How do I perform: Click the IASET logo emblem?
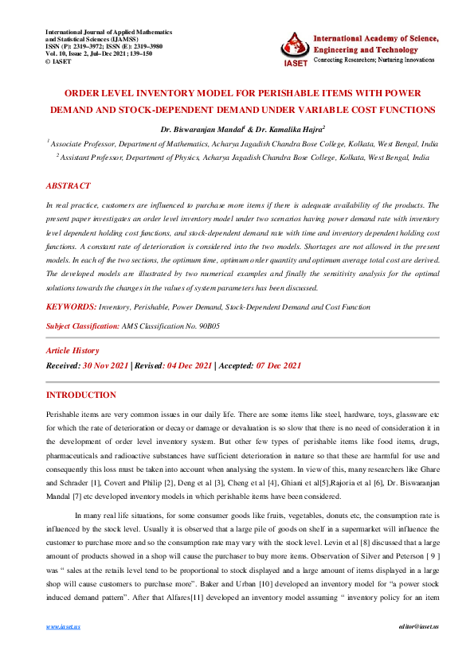point(295,49)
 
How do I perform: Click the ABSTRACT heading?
point(68,185)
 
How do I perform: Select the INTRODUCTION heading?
point(81,395)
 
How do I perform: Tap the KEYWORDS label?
point(71,306)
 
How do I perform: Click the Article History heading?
point(72,350)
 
